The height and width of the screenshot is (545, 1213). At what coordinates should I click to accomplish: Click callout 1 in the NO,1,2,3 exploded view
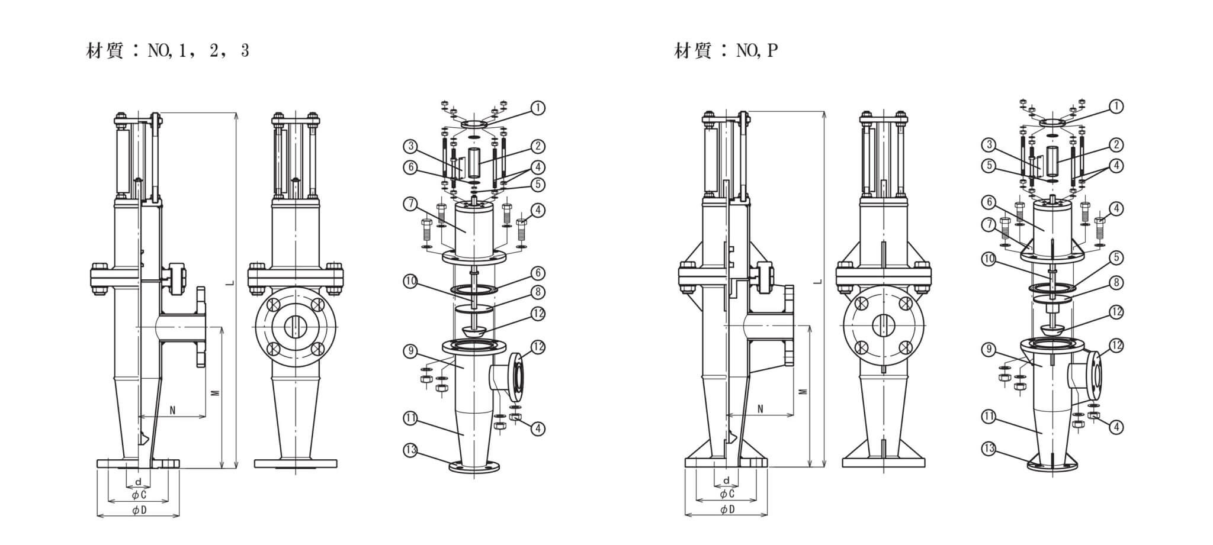(x=538, y=108)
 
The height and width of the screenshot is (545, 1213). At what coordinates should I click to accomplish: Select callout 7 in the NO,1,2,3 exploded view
(x=410, y=204)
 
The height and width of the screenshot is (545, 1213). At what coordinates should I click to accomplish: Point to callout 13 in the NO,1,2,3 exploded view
(x=410, y=450)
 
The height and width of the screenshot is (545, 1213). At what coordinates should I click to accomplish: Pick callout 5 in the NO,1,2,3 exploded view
(x=538, y=185)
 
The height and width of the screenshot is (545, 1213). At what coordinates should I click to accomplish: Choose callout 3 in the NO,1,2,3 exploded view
(x=410, y=146)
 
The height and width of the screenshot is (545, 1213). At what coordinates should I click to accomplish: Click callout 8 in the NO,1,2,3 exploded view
(x=538, y=292)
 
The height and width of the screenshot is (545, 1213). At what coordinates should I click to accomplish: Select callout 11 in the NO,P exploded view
(x=988, y=417)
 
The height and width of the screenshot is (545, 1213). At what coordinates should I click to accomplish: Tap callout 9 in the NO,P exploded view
(x=988, y=350)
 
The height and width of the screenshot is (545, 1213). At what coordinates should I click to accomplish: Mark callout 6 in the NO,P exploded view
(x=988, y=202)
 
